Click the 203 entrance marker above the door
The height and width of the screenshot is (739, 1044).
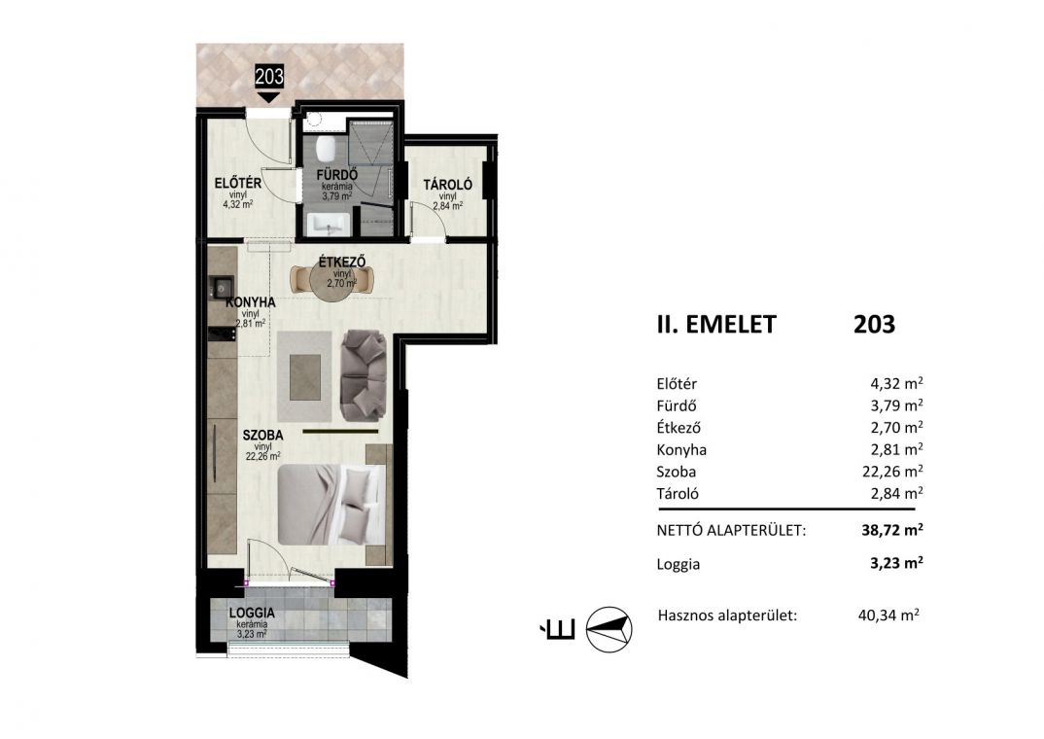269,77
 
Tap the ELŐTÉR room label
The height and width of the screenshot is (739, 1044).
238,183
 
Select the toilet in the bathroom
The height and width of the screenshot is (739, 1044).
328,149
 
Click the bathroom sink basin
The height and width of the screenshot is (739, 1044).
328,225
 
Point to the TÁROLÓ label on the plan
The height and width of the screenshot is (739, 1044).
448,185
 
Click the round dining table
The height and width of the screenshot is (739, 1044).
332,282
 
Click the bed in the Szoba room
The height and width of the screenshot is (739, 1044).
331,504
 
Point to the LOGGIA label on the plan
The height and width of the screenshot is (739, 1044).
252,613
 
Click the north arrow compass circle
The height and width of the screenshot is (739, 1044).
609,629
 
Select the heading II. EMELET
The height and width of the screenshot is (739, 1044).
716,324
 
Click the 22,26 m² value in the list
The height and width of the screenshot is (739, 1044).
892,472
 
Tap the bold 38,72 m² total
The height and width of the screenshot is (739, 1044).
892,530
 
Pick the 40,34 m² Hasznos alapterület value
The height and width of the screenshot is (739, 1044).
888,616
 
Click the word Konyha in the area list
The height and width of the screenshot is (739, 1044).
681,450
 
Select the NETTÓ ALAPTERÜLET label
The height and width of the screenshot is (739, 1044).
731,531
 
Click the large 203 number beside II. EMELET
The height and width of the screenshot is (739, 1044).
874,324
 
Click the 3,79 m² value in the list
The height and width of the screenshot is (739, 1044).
896,405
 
